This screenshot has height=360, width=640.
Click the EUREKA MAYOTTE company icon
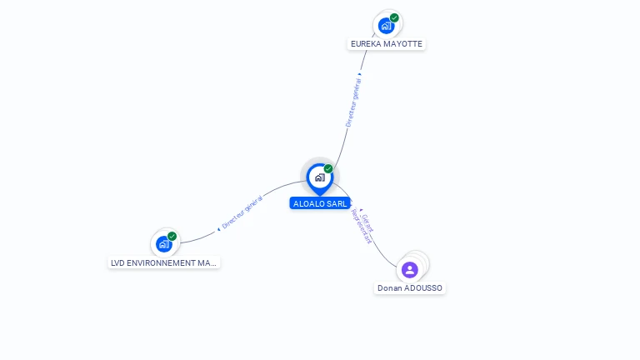coord(386,25)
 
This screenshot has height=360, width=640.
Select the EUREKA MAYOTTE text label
coord(387,44)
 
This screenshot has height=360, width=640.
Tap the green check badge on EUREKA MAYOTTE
coord(394,17)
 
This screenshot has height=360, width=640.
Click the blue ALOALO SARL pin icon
coord(319,177)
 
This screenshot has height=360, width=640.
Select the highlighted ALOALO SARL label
coord(320,203)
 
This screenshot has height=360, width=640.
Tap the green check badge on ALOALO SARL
coord(328,169)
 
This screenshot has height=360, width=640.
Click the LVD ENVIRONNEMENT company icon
coord(164,244)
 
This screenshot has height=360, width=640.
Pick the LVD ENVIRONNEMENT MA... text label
coord(164,263)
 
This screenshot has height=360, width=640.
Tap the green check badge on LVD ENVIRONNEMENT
coord(172,236)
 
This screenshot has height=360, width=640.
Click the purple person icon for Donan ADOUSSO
coord(409,269)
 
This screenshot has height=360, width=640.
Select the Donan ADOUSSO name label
coord(410,288)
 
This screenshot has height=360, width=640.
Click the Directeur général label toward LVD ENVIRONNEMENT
coord(242,212)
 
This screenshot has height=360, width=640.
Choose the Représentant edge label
coord(361,226)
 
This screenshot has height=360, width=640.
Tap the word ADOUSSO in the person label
coord(423,288)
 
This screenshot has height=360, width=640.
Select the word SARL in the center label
coord(336,203)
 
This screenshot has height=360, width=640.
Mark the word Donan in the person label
coord(389,288)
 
